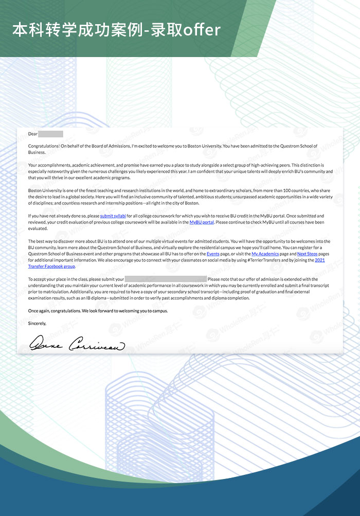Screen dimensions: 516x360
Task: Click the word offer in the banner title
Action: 200,30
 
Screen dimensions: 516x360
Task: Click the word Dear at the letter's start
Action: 33,134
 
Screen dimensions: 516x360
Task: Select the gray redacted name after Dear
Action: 50,134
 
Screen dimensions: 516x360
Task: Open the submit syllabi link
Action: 113,216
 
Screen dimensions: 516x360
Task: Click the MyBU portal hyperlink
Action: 202,222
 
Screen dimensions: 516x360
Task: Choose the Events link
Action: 213,254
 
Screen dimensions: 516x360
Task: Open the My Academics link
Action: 265,254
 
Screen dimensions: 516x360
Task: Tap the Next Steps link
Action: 307,254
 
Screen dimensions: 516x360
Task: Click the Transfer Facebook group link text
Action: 51,267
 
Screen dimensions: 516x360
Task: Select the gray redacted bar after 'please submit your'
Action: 166,279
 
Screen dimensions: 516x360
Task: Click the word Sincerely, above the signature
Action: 37,323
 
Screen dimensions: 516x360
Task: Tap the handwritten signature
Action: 77,343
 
